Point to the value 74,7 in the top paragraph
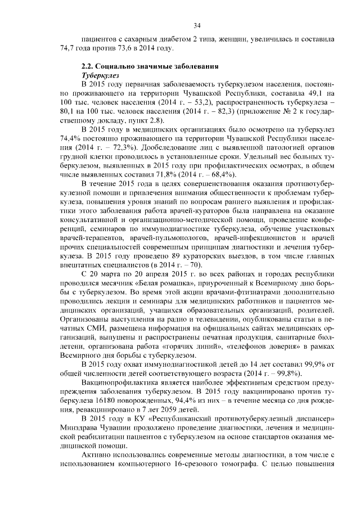coord(68,49)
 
